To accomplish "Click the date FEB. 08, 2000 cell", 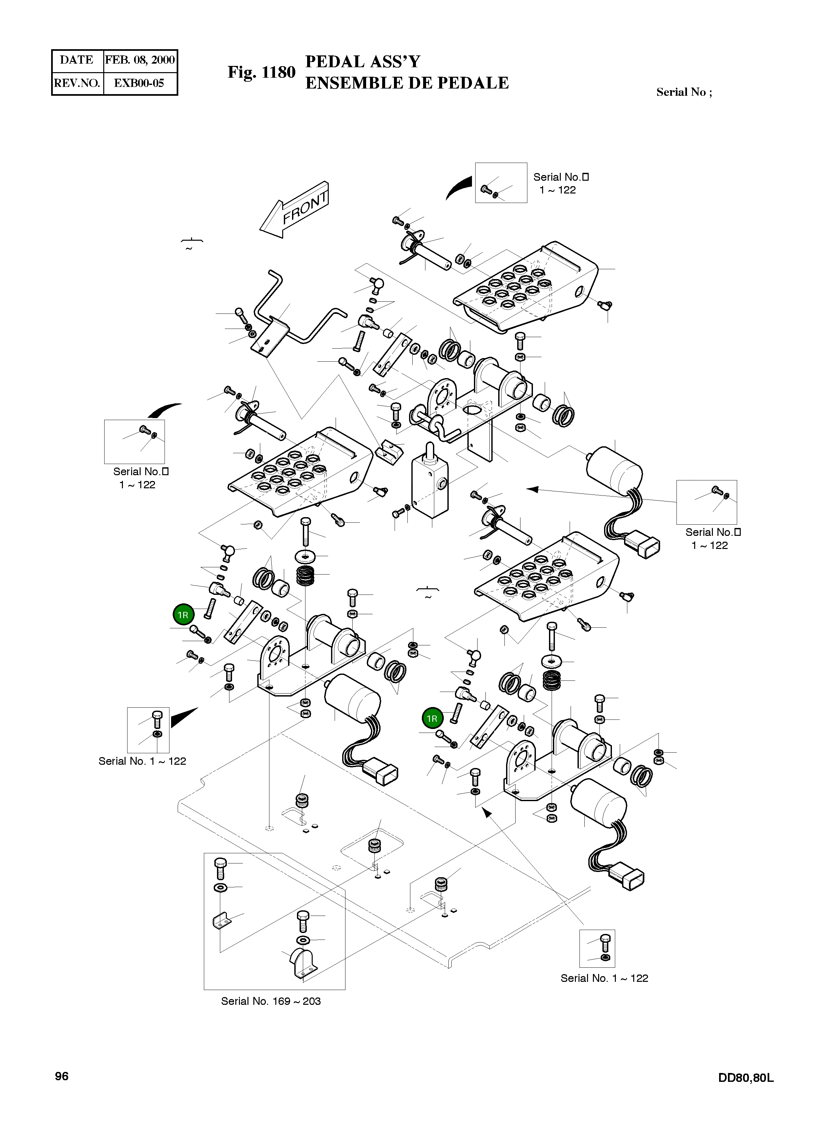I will click(x=140, y=60).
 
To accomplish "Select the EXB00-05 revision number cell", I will click(x=139, y=83).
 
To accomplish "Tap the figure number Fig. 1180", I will click(x=262, y=73).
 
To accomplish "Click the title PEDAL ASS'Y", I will click(x=363, y=62).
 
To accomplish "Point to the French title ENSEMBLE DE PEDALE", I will click(x=406, y=83).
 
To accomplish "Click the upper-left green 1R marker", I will click(x=183, y=615).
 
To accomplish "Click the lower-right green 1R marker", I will click(x=432, y=719).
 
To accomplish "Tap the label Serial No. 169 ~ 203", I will click(x=271, y=1001).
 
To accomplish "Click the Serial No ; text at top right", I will click(x=684, y=92).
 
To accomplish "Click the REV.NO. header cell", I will click(x=77, y=83).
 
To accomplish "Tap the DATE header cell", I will click(x=77, y=60).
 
